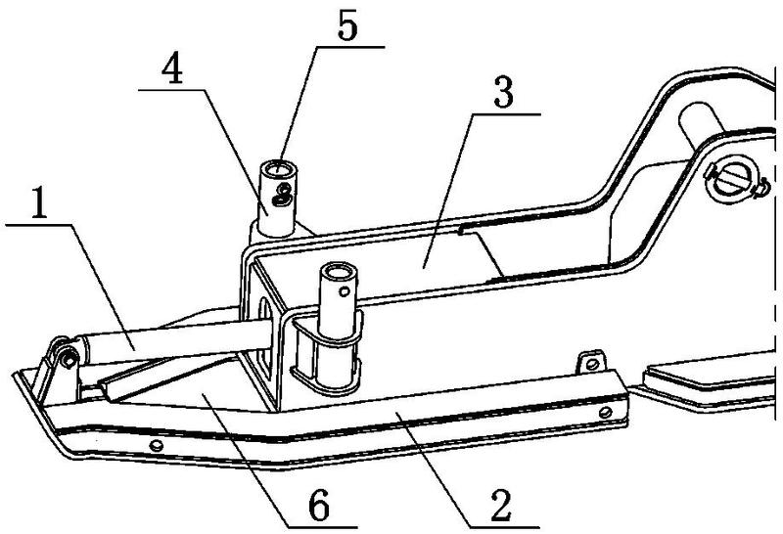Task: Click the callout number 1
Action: [39, 203]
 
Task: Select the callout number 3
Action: [503, 93]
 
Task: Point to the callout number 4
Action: [172, 70]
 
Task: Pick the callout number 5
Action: [347, 26]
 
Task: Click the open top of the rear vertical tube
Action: [277, 169]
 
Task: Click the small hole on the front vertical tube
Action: [345, 290]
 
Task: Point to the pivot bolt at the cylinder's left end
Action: [69, 358]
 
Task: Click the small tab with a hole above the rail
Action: [592, 362]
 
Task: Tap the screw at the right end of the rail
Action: [605, 412]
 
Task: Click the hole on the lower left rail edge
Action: [157, 445]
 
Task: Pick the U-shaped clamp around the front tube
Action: [326, 349]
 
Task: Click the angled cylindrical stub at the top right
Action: [703, 124]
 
